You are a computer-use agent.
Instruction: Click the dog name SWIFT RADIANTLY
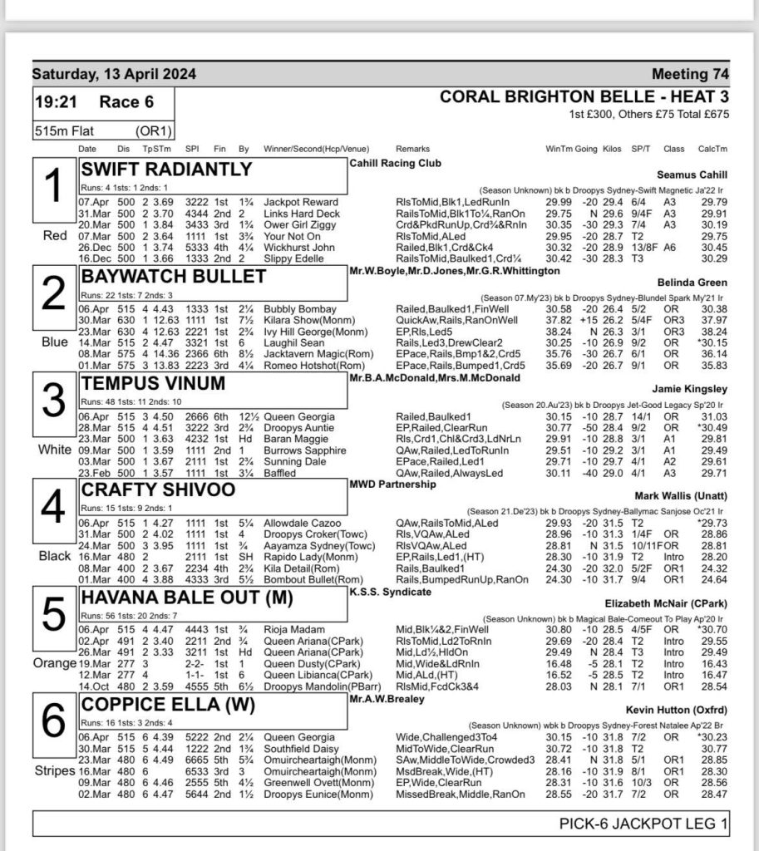tap(166, 170)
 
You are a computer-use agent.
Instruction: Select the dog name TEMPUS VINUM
tap(153, 384)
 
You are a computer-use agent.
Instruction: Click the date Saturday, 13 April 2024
tap(115, 74)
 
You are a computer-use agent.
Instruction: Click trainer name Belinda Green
tap(692, 282)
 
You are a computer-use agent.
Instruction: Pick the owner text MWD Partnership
tap(392, 484)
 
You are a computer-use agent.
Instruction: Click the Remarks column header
tap(413, 149)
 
